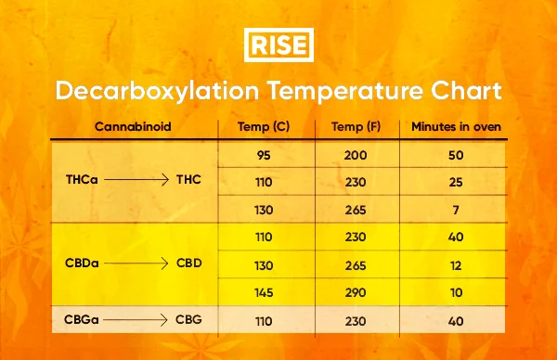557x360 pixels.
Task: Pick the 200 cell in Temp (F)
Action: [356, 155]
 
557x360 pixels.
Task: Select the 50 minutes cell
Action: [456, 155]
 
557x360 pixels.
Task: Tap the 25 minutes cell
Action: [456, 182]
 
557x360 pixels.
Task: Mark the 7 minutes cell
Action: [456, 209]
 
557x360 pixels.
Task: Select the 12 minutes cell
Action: [456, 264]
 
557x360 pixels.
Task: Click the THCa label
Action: [82, 182]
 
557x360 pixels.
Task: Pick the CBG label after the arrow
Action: [190, 319]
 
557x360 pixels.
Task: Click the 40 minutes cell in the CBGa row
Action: [456, 319]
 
